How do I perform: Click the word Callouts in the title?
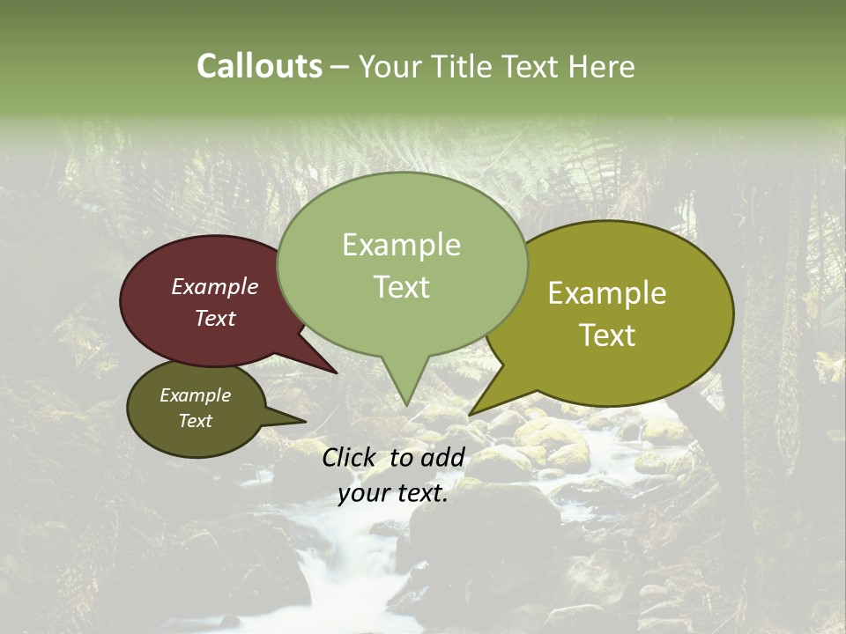[x=259, y=66]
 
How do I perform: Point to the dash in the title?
[x=340, y=67]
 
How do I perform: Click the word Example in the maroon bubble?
[x=214, y=286]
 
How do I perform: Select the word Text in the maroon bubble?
[x=214, y=318]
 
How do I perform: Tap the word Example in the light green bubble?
[x=401, y=245]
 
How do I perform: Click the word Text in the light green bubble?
[x=401, y=286]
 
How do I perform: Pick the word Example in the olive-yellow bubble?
[x=607, y=293]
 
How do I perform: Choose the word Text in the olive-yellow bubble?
[x=607, y=335]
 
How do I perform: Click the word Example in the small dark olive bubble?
[x=195, y=395]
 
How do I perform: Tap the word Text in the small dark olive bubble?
[x=195, y=421]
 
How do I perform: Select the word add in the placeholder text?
[x=443, y=457]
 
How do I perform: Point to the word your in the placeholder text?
[x=364, y=494]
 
